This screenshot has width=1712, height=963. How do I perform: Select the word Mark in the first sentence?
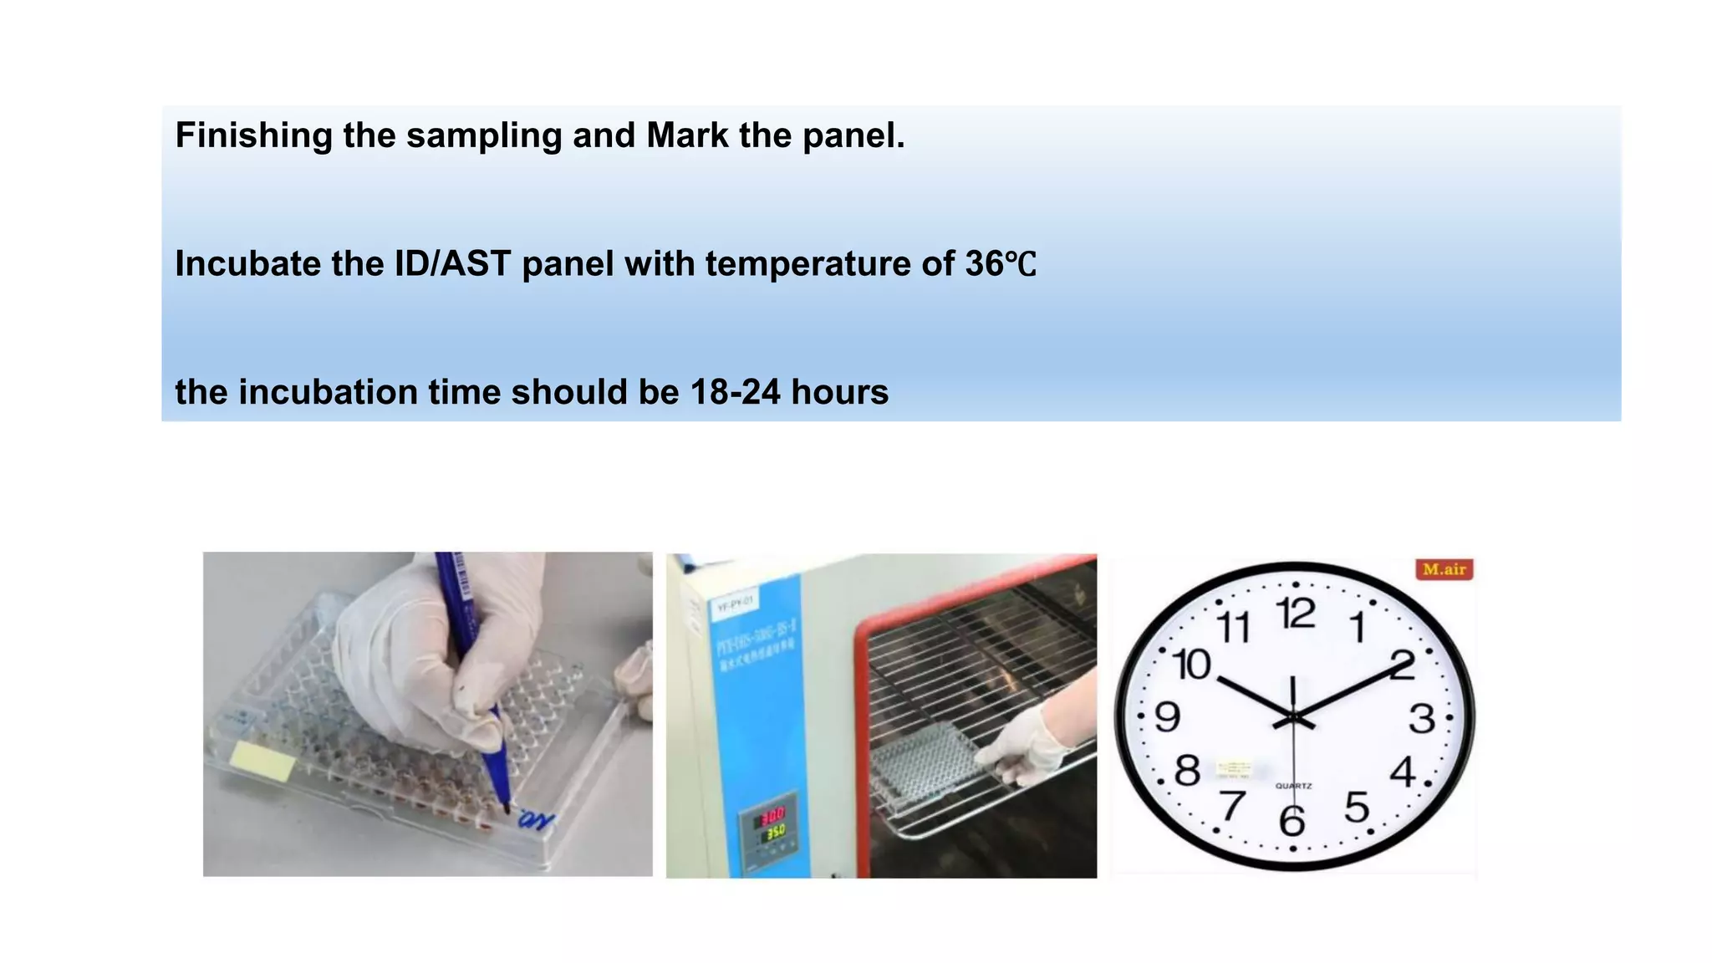click(687, 135)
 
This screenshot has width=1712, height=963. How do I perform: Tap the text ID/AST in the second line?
click(452, 264)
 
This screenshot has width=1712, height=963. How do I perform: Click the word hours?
click(839, 392)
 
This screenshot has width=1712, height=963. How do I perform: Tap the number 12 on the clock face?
click(1296, 614)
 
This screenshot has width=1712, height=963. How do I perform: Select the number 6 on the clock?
click(1292, 821)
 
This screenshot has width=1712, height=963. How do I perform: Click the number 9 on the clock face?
click(1168, 717)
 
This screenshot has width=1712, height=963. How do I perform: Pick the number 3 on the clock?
click(1422, 719)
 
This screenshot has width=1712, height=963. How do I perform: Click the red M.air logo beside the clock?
click(1444, 570)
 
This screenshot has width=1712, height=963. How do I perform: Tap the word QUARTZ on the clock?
click(1293, 786)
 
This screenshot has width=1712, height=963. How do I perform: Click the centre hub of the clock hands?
click(1293, 718)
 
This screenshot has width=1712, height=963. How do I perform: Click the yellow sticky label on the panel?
click(262, 760)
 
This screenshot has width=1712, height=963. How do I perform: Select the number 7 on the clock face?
click(1232, 806)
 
